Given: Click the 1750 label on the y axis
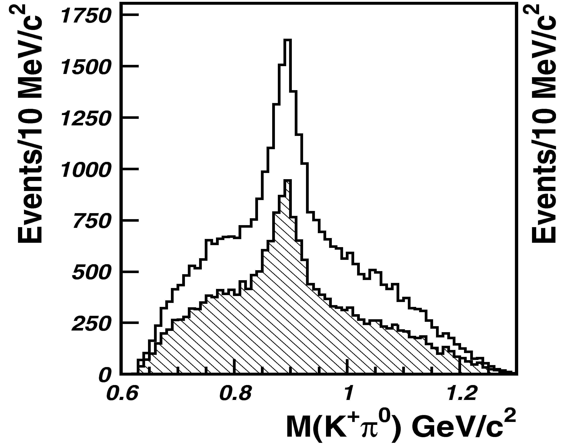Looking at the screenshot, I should [x=84, y=16].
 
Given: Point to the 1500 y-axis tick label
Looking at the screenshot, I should [x=84, y=67].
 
